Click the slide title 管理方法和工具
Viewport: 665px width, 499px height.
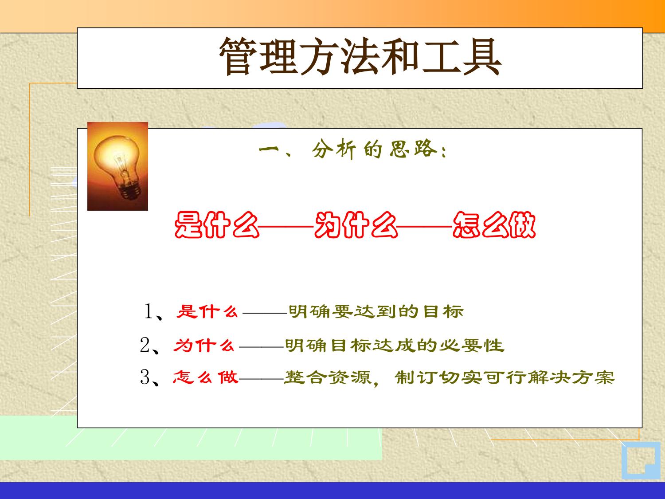coord(360,57)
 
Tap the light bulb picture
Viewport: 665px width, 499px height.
coord(117,166)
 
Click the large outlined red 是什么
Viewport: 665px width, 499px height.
coord(217,225)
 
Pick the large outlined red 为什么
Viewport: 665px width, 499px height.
coord(356,225)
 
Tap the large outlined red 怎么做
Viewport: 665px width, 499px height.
coord(494,225)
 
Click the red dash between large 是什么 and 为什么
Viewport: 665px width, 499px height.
coord(286,226)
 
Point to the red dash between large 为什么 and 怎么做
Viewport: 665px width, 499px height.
coord(425,226)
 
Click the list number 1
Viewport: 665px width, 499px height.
coord(149,311)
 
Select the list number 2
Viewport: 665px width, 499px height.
coord(145,345)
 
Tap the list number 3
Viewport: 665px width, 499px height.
coord(145,377)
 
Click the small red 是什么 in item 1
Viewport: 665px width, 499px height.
coord(207,311)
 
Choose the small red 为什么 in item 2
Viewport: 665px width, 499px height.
coord(204,346)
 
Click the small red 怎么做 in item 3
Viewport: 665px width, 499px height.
coord(205,377)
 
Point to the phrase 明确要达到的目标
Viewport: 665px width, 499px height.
coord(376,312)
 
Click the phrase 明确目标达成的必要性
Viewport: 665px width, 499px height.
coord(395,346)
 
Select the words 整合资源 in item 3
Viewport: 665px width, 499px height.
coord(328,377)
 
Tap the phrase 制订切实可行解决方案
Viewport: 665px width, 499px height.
coord(505,377)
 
